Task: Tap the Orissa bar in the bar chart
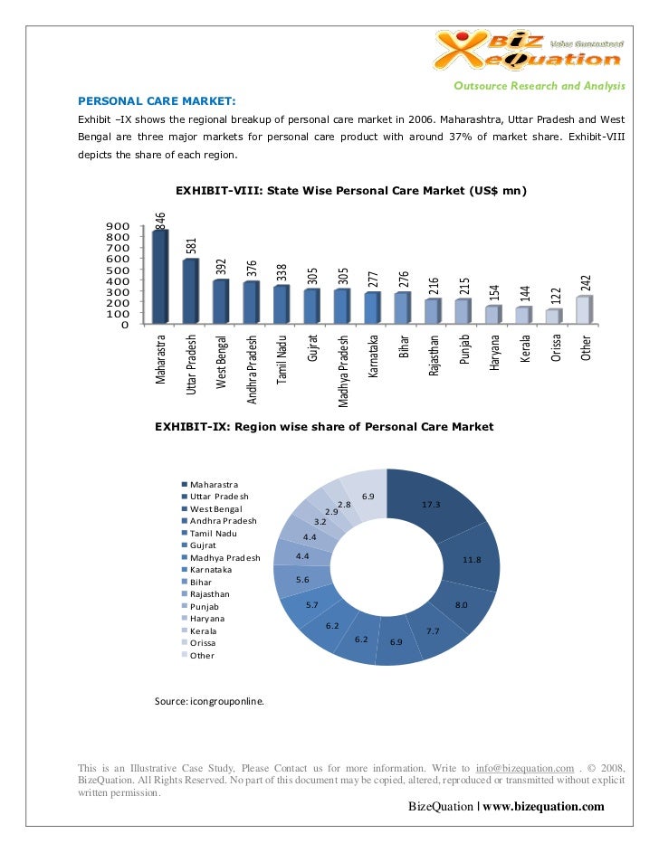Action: pos(552,316)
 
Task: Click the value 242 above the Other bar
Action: pos(586,282)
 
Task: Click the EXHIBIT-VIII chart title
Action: pos(351,191)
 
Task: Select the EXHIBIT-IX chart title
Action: pos(324,426)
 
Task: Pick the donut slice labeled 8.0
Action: pos(461,604)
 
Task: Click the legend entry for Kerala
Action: pos(203,630)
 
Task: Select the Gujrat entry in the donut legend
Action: pos(203,545)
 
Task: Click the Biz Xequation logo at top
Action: pos(530,47)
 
